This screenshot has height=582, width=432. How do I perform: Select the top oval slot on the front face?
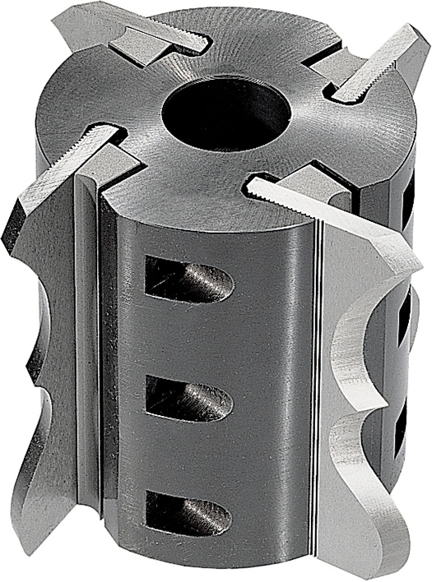[x=188, y=279]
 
